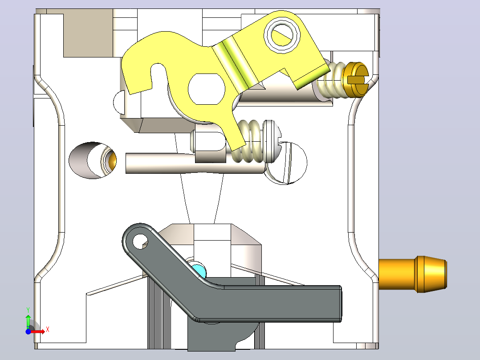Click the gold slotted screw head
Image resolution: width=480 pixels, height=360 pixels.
[x=357, y=80]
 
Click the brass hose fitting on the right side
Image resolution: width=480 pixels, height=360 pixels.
[x=413, y=274]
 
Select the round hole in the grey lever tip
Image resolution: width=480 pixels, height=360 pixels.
[x=140, y=241]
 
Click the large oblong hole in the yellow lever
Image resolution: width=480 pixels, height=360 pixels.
[x=206, y=89]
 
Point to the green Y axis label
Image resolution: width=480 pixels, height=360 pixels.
[x=28, y=310]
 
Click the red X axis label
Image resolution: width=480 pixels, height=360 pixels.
[x=48, y=330]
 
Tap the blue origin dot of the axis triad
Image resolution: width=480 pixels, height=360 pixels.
[x=28, y=331]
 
